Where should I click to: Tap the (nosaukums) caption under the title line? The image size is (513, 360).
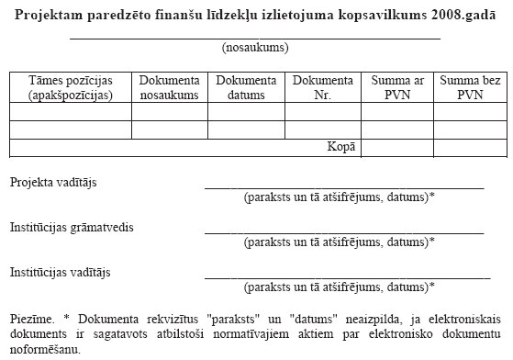tap(256, 47)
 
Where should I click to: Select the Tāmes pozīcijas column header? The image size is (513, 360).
tap(71, 87)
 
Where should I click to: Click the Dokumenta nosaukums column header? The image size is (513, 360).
tap(170, 87)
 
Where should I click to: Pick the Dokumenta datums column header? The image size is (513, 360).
tap(248, 87)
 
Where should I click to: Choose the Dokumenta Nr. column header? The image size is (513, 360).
tap(323, 87)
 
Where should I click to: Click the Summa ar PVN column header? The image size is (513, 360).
tap(397, 87)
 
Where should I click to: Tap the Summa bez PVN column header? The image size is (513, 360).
tap(469, 87)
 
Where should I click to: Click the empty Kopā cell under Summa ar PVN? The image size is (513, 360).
tap(397, 147)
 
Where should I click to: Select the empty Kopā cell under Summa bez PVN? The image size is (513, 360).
tap(469, 147)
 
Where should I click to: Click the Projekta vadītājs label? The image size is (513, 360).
tap(54, 182)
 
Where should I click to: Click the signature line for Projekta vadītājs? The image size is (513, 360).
tap(344, 186)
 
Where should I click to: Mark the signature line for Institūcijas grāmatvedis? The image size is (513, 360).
tap(344, 231)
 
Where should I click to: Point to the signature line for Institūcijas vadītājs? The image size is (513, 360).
tap(344, 276)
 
